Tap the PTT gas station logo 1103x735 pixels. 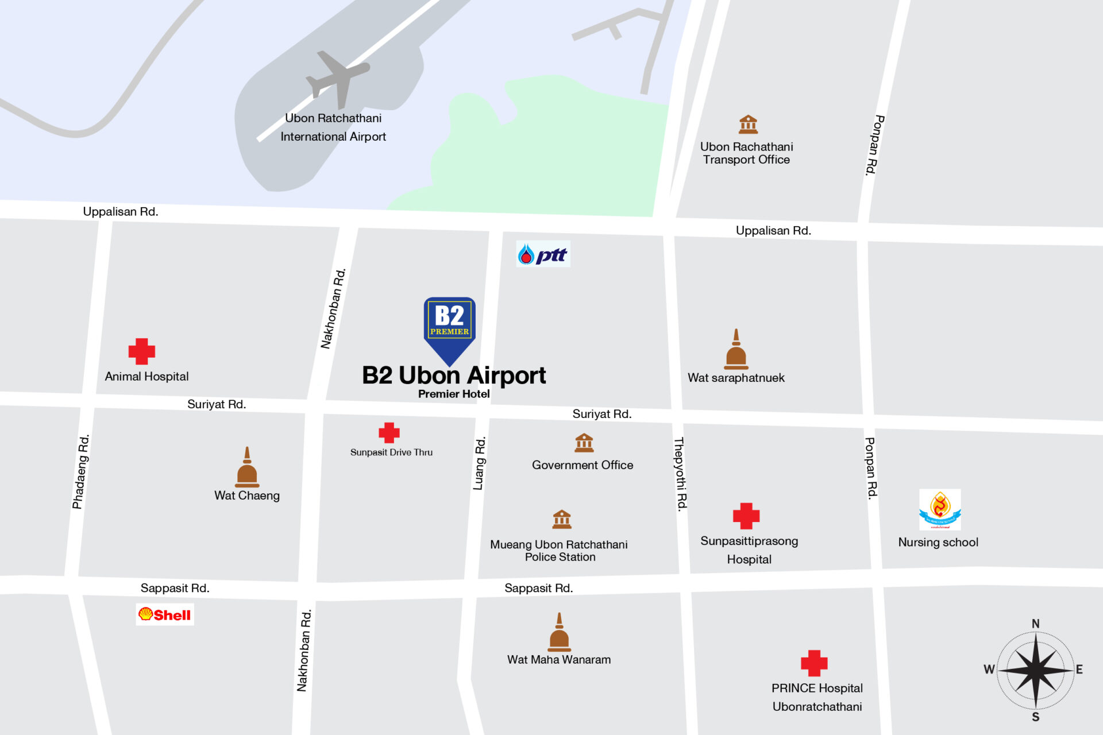(x=543, y=254)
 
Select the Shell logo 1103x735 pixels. (x=165, y=614)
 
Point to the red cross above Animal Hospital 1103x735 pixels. (x=141, y=351)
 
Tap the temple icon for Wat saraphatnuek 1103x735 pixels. (x=736, y=350)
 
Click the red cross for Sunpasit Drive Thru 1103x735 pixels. (x=389, y=433)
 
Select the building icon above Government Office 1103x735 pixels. (x=584, y=443)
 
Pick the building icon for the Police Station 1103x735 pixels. (x=561, y=519)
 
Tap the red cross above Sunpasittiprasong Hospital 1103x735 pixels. (x=746, y=516)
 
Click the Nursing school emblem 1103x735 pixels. (x=940, y=509)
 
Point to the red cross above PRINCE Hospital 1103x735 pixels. (x=814, y=663)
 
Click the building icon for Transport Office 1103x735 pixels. (x=748, y=124)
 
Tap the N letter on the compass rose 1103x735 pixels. (x=1035, y=624)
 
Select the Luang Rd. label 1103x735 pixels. (x=480, y=463)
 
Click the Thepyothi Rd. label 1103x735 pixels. (x=680, y=474)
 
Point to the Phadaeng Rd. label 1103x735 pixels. (x=81, y=471)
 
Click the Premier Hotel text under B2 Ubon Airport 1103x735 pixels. (x=454, y=394)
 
